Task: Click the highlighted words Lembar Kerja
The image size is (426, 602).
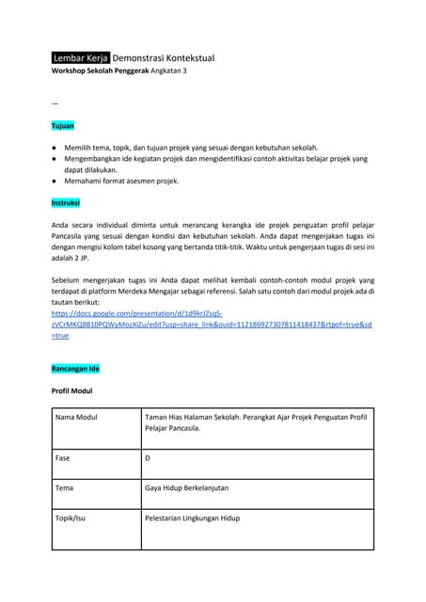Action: pos(81,58)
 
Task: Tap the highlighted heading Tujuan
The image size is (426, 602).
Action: pos(62,125)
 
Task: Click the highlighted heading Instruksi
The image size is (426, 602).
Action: pos(66,202)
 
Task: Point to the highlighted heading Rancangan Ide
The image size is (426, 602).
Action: pos(75,369)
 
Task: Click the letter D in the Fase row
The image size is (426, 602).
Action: pos(148,458)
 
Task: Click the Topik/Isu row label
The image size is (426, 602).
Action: pos(74,518)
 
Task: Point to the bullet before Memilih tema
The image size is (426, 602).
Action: pos(54,149)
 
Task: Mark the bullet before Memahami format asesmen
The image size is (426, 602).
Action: pos(54,181)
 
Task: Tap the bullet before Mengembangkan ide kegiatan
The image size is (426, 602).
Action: pos(54,159)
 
